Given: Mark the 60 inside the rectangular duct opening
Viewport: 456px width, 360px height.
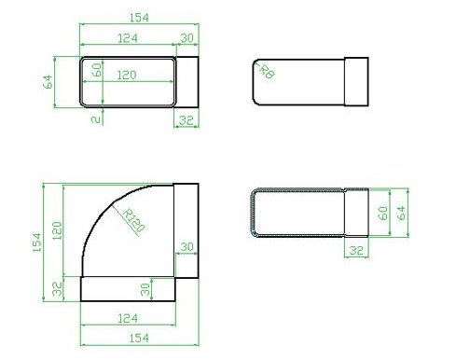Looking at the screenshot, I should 95,71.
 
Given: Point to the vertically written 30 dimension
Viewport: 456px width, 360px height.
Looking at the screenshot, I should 145,289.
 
